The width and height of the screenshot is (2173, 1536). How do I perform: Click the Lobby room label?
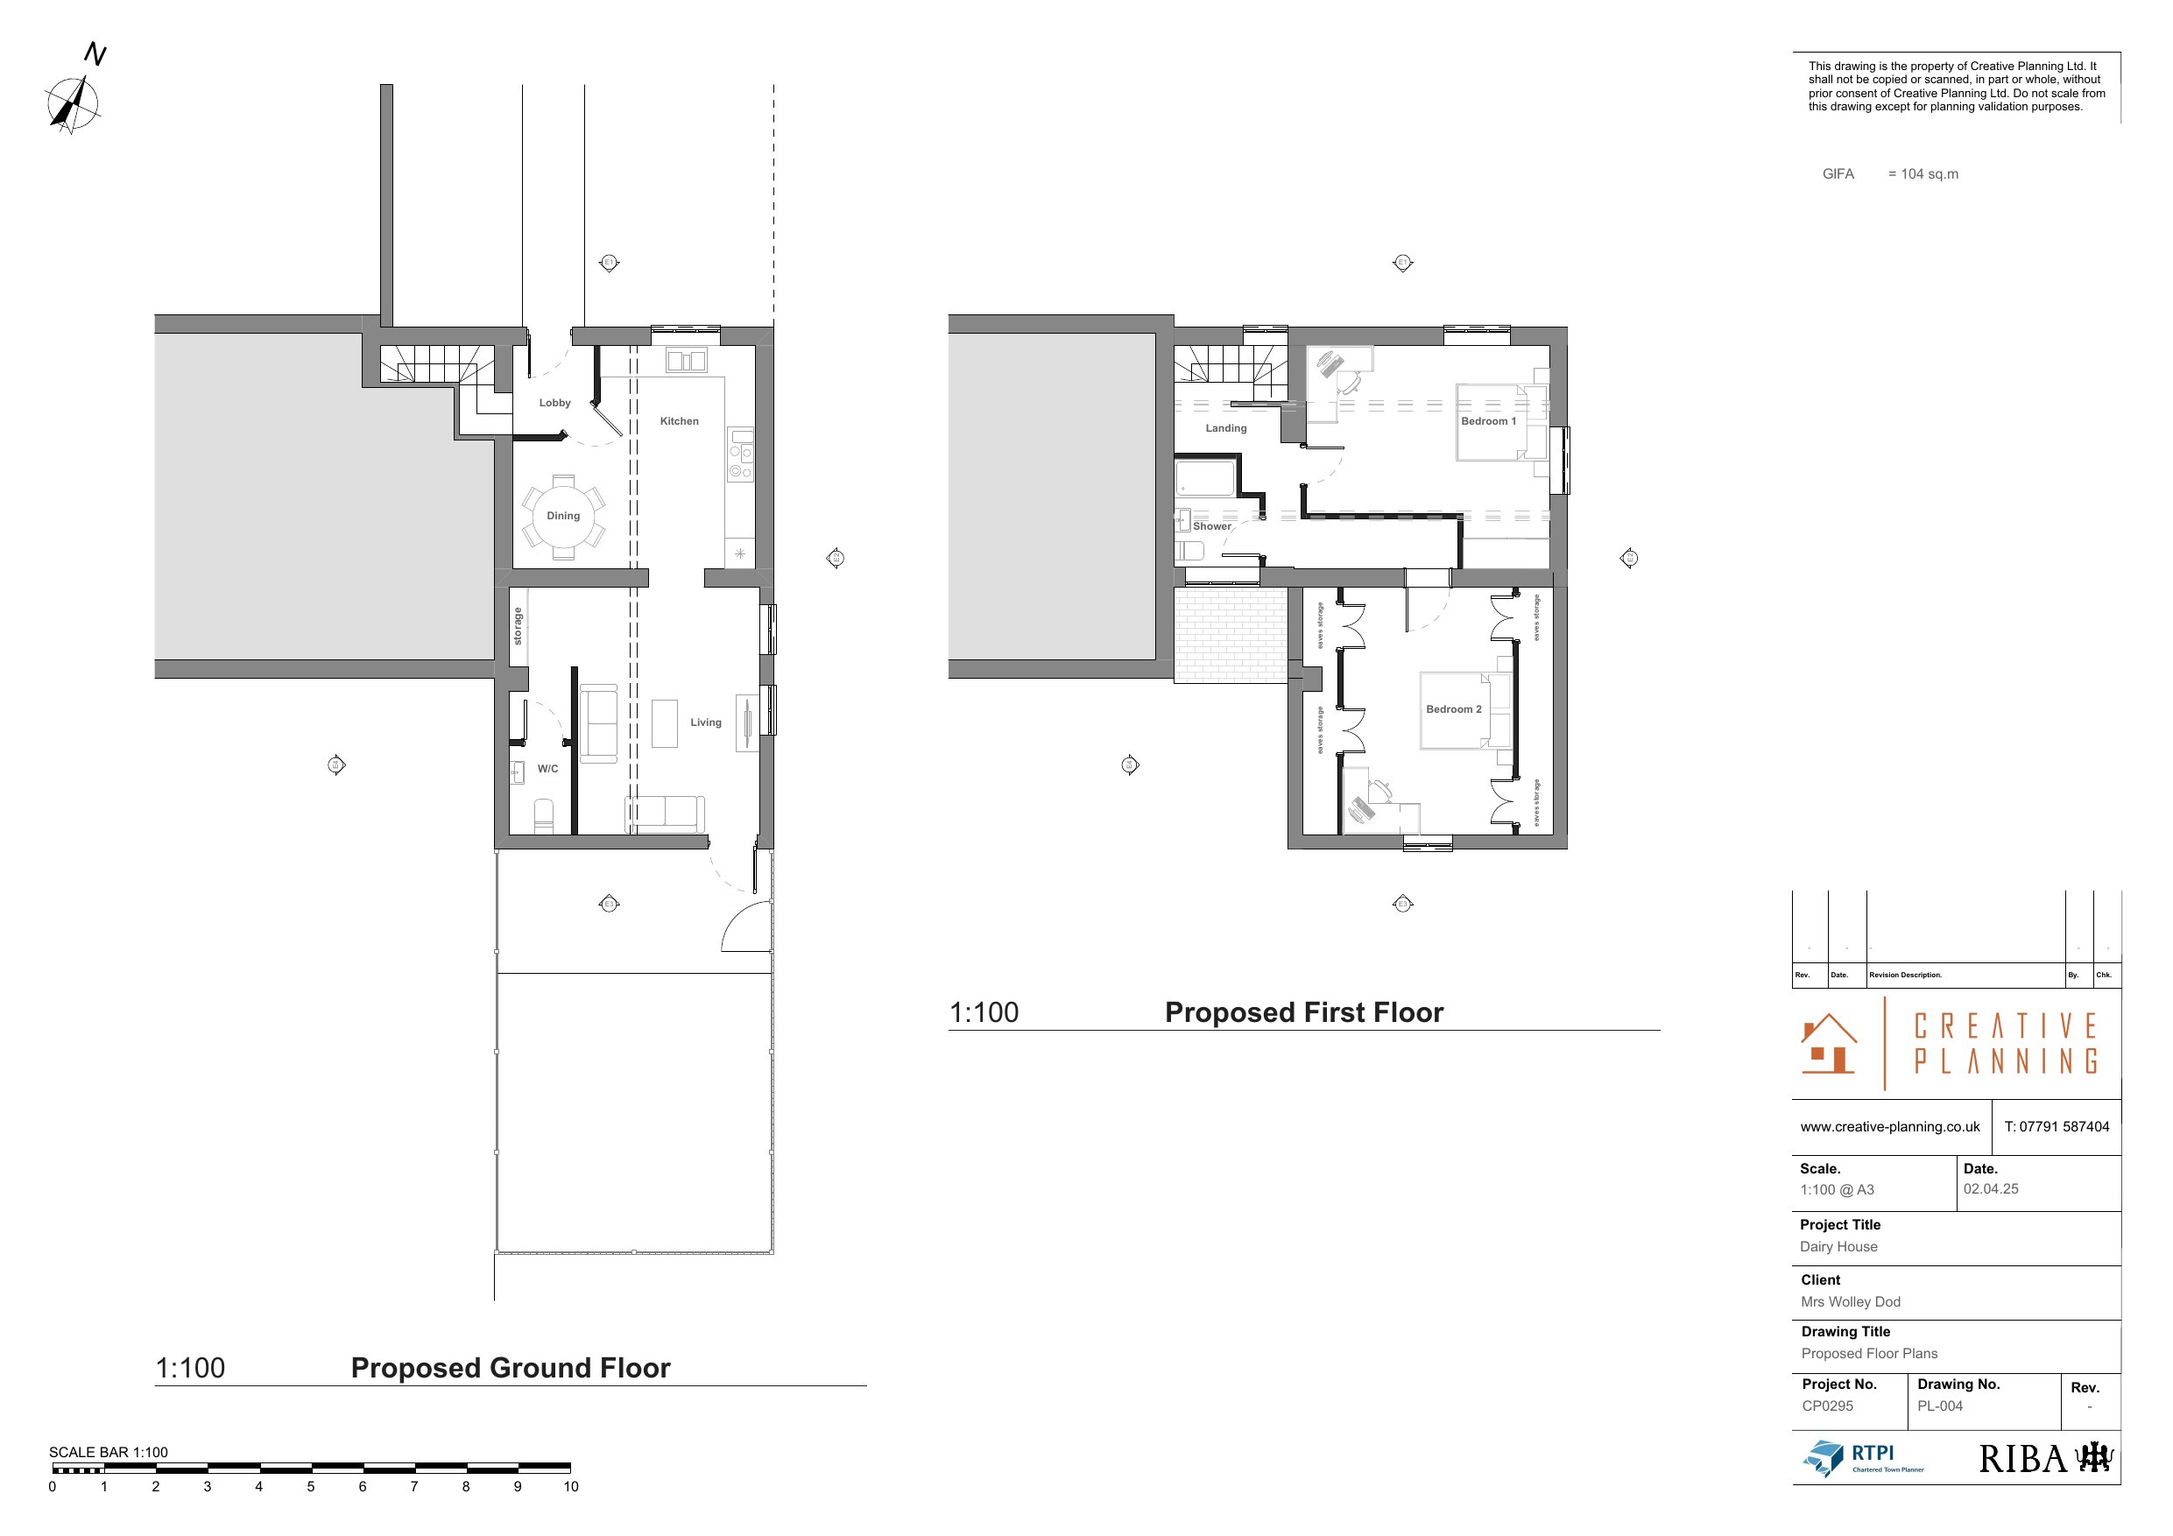(x=554, y=403)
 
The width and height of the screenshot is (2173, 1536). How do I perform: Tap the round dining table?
(x=563, y=517)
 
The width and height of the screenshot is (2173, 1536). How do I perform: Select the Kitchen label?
(x=679, y=421)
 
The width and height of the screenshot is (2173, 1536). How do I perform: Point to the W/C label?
(x=547, y=770)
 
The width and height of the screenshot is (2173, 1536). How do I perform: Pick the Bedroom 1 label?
(x=1488, y=422)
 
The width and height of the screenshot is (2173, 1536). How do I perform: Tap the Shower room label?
(x=1211, y=527)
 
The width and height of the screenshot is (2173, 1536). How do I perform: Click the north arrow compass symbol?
(x=74, y=102)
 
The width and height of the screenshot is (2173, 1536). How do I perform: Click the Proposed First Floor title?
(x=1303, y=1013)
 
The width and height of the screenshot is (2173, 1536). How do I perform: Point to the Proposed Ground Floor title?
(x=510, y=1369)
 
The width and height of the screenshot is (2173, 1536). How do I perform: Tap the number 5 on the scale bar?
(x=310, y=1487)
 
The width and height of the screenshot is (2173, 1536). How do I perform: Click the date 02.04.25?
(x=1990, y=1189)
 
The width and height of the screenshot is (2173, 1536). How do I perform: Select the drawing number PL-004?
(x=1939, y=1406)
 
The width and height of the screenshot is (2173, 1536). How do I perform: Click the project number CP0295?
(x=1827, y=1406)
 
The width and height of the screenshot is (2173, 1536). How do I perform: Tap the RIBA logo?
(x=2045, y=1458)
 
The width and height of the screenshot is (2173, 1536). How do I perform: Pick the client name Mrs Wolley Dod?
(x=1849, y=1302)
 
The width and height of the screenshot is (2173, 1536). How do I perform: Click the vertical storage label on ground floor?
(x=518, y=626)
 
